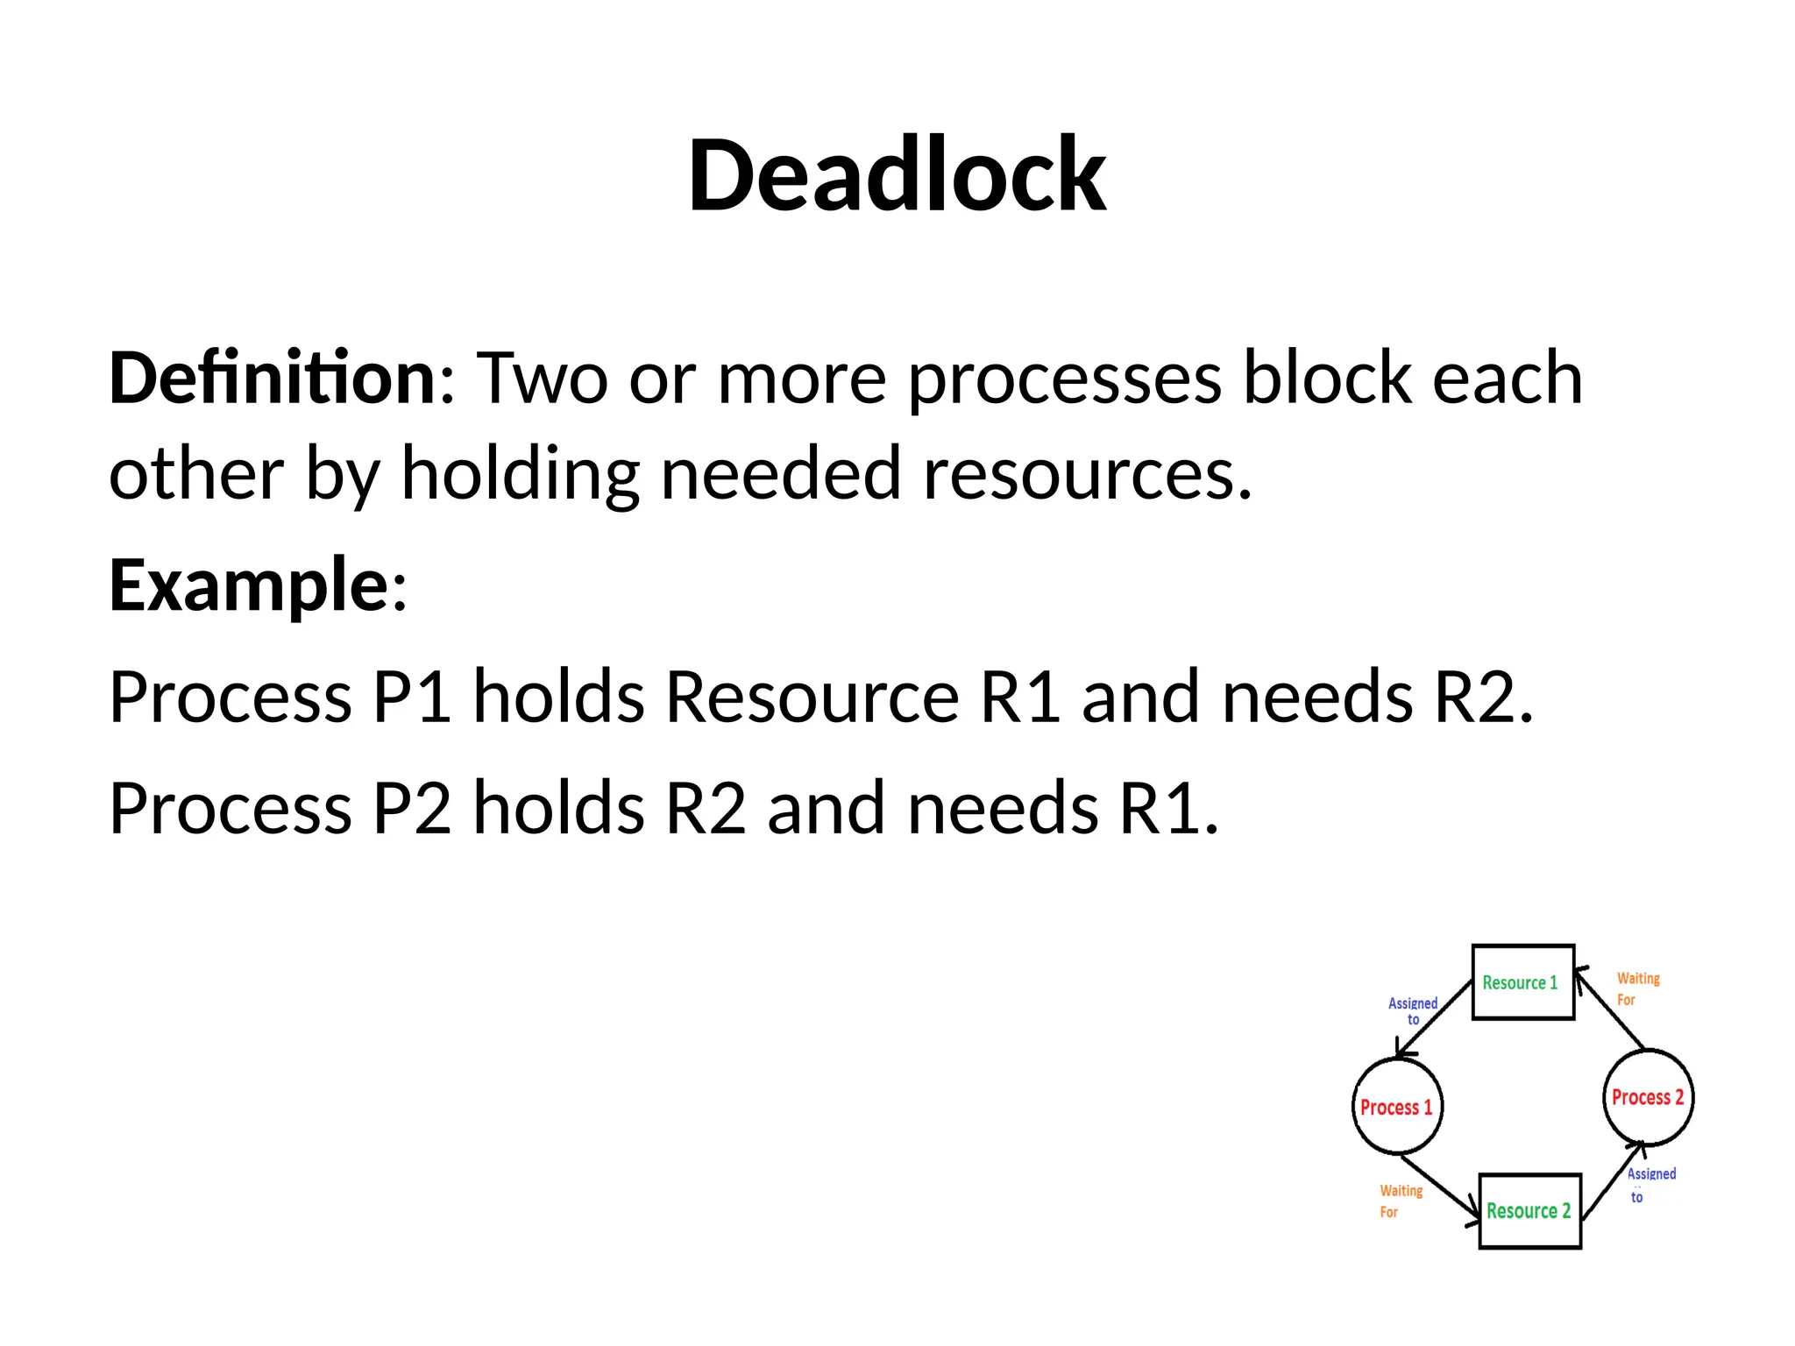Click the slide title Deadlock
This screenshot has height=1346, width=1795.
click(x=897, y=175)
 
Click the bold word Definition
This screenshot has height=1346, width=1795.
click(x=273, y=379)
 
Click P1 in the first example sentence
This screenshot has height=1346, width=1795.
click(x=412, y=698)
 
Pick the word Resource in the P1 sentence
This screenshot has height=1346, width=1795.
click(x=812, y=698)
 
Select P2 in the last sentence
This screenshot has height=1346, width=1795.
click(x=412, y=808)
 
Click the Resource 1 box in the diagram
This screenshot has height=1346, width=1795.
click(x=1522, y=982)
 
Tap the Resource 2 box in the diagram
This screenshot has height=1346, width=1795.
click(x=1529, y=1211)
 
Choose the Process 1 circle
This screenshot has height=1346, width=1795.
click(x=1397, y=1107)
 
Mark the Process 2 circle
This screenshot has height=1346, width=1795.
click(x=1648, y=1097)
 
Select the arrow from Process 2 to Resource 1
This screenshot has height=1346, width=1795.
click(x=1608, y=1008)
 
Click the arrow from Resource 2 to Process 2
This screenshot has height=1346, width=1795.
click(x=1613, y=1181)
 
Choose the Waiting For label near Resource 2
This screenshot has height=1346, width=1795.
click(x=1399, y=1201)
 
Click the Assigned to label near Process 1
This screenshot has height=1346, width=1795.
click(x=1413, y=1010)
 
